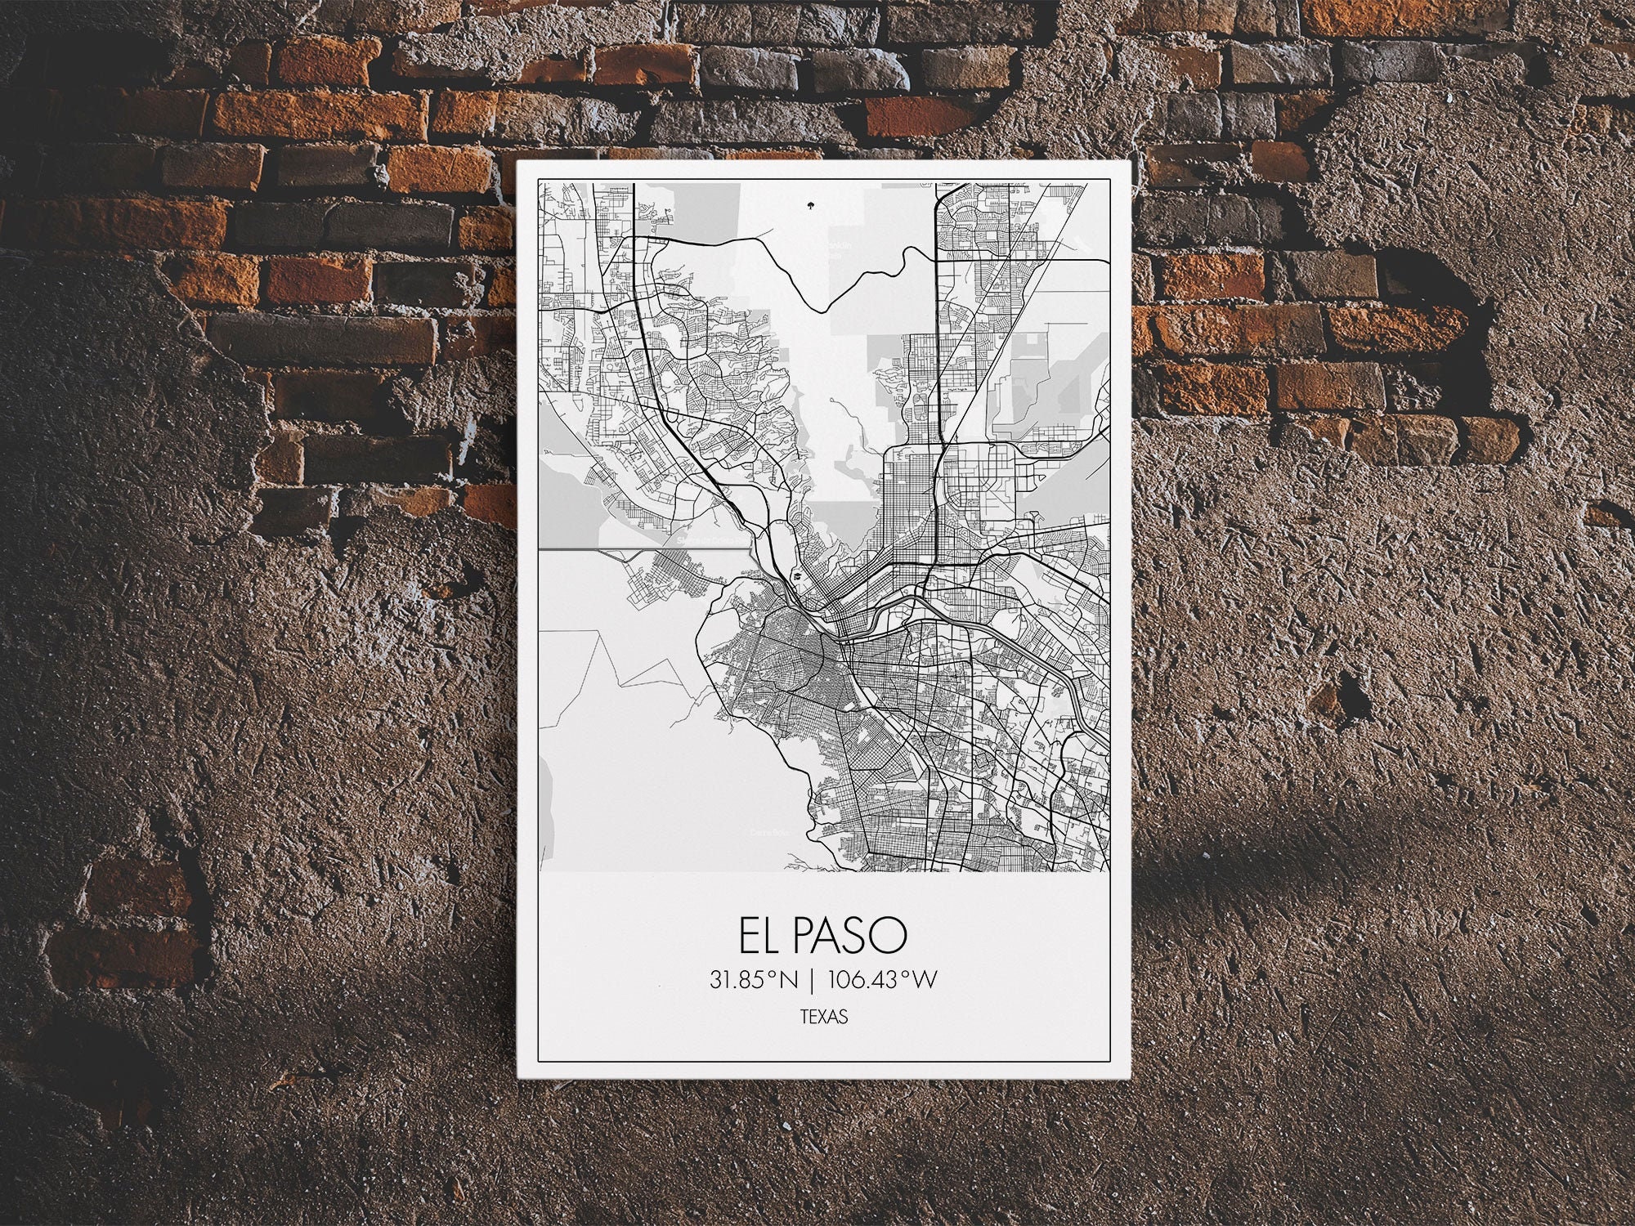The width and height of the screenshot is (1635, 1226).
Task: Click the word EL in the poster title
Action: click(756, 936)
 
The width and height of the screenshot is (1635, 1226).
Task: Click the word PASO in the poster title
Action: click(849, 936)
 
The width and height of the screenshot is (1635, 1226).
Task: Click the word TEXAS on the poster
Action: click(824, 1018)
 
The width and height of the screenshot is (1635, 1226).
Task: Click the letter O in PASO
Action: click(893, 936)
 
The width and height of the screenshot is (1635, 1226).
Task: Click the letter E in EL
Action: click(747, 936)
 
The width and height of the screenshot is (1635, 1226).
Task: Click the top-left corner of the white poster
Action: click(517, 161)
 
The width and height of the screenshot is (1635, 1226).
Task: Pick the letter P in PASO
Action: click(802, 936)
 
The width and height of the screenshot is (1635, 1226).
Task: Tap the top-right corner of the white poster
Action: click(1131, 161)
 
